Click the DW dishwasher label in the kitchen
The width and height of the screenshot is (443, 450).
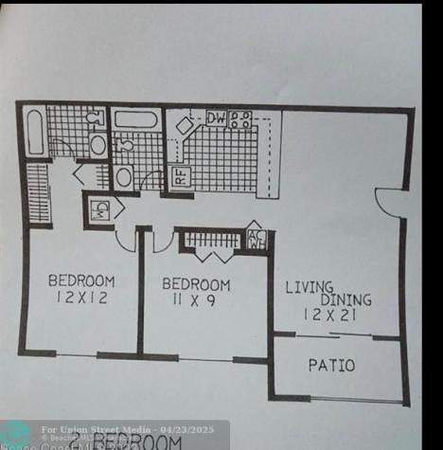coord(215,118)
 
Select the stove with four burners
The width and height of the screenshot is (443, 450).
coord(240,119)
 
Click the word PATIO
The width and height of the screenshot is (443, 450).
coord(331,365)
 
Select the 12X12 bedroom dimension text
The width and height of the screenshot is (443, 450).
coord(81,298)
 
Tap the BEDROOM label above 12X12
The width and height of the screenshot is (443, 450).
coord(81,280)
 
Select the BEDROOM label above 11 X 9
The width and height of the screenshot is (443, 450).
coord(195,283)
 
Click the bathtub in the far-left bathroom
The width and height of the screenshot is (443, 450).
coord(33,132)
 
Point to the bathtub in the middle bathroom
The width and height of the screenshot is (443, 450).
coord(135,120)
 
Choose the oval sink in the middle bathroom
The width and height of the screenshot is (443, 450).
coord(123,176)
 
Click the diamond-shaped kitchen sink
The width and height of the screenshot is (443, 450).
coord(186,126)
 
